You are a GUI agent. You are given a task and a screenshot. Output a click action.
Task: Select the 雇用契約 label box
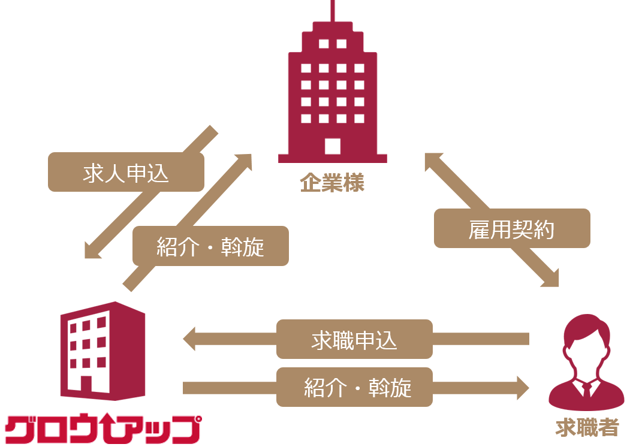click(512, 228)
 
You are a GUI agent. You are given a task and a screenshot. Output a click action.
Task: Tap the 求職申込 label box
click(354, 339)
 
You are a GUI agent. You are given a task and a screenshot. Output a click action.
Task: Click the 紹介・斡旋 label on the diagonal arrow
click(210, 246)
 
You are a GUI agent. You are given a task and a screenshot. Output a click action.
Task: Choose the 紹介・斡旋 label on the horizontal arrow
click(354, 387)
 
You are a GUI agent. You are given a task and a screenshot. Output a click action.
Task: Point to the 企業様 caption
click(332, 183)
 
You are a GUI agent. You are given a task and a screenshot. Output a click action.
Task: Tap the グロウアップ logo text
click(102, 428)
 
